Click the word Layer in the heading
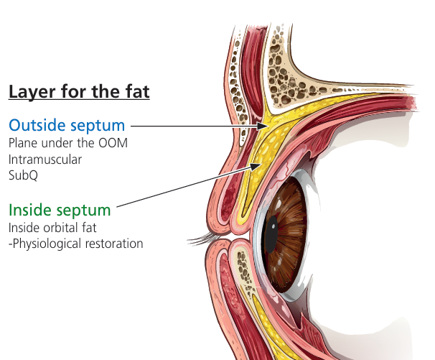(32, 91)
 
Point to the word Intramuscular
(45, 160)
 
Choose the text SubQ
(23, 175)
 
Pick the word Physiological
(47, 244)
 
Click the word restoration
(114, 244)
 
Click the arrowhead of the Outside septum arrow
(263, 126)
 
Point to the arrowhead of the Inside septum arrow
(256, 166)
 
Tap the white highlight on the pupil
(273, 226)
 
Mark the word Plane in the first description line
(23, 143)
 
